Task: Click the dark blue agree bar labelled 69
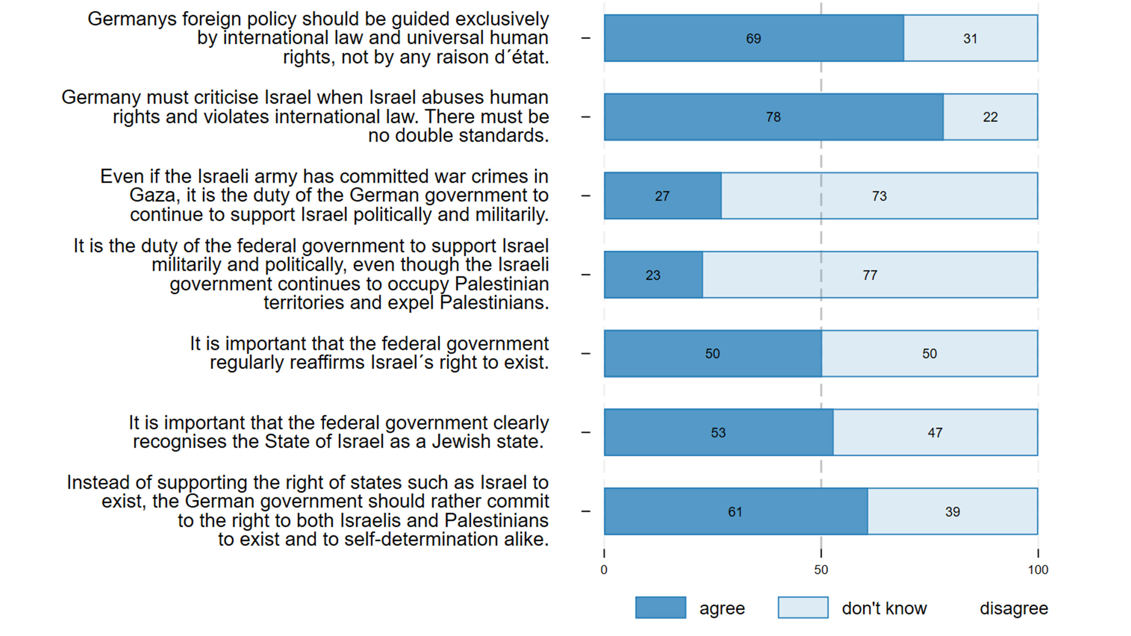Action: point(754,38)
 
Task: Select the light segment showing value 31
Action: point(970,38)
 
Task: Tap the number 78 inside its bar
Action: point(773,117)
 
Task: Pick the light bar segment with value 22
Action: point(990,117)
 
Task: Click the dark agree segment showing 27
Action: point(662,196)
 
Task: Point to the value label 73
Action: point(879,196)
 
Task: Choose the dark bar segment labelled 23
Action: point(653,275)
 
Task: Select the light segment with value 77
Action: point(870,275)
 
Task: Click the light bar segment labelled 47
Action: point(935,432)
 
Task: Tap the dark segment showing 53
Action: point(718,432)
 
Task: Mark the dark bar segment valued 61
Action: point(735,512)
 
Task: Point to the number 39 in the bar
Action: point(952,512)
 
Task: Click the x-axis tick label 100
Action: point(1038,570)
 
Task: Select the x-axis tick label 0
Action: point(604,570)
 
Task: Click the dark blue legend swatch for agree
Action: point(660,608)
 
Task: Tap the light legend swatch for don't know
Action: point(803,608)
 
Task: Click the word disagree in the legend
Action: point(1014,609)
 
